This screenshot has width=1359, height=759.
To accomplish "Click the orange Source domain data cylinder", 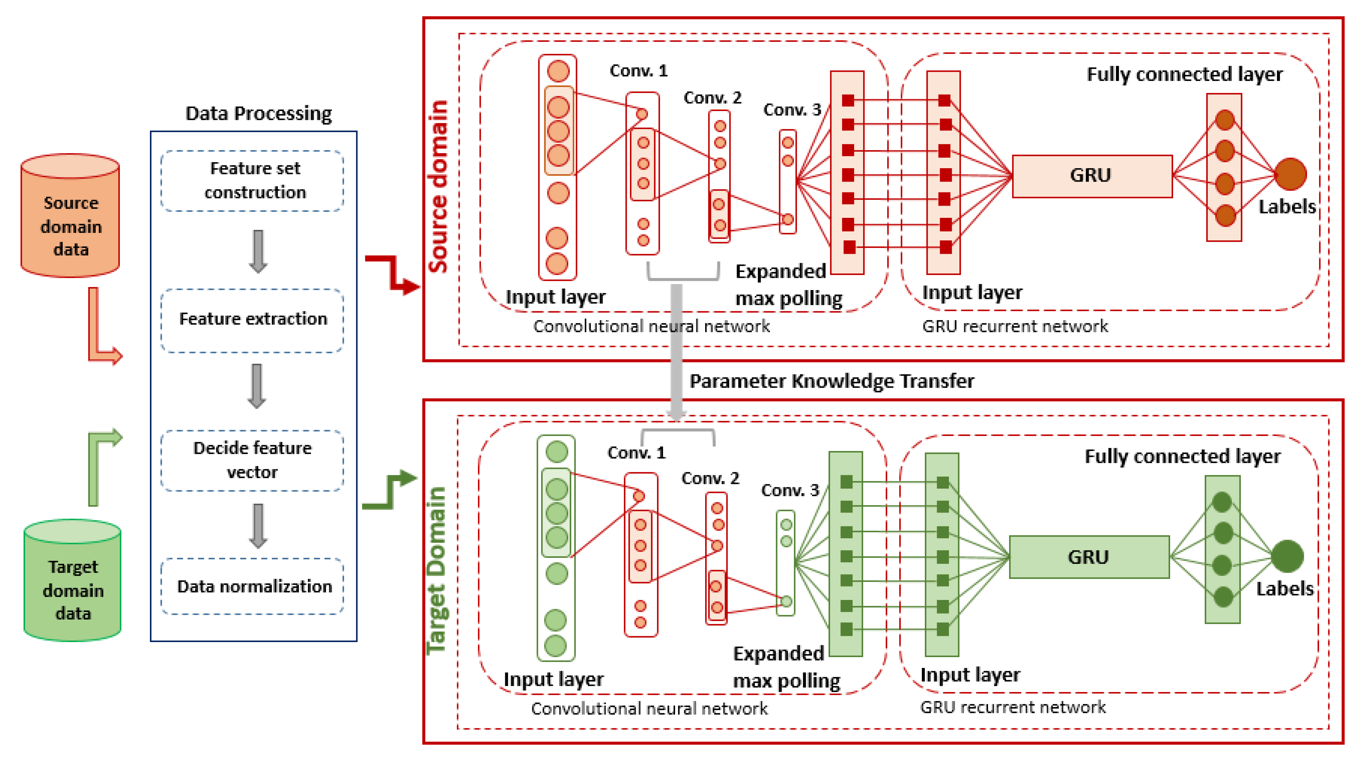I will point(70,216).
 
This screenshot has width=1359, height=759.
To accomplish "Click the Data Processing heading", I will point(258,113).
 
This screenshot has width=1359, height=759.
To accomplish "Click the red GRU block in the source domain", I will point(1091,176).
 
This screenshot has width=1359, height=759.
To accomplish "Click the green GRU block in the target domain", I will point(1089,557).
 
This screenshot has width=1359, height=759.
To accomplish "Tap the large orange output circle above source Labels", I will point(1290,174).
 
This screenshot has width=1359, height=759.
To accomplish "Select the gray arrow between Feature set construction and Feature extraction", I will point(258,251).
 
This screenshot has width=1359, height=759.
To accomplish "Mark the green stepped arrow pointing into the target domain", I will point(390,491).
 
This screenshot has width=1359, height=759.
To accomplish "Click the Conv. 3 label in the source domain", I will point(792,110).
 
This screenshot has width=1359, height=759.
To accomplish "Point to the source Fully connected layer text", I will point(1185,74).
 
